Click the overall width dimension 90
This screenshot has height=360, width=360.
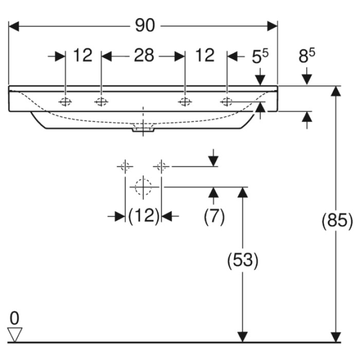coord(145,26)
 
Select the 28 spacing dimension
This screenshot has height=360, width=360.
coord(144,55)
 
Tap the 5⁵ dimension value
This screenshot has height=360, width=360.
coord(260,56)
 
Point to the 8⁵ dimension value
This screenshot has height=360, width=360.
coord(307,56)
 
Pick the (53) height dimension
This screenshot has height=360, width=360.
coord(243,260)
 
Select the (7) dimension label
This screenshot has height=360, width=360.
coord(214,217)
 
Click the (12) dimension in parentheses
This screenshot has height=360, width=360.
coord(143,217)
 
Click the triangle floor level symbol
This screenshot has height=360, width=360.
coord(16,335)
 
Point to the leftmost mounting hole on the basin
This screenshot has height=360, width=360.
coord(65,101)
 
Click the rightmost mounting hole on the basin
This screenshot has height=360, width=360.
coord(227,101)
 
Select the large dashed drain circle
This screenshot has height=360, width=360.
coord(143,186)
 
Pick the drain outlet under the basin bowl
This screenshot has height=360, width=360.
coord(143,130)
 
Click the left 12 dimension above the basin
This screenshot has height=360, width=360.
coord(82,55)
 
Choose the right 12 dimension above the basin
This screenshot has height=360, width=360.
coord(205,55)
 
